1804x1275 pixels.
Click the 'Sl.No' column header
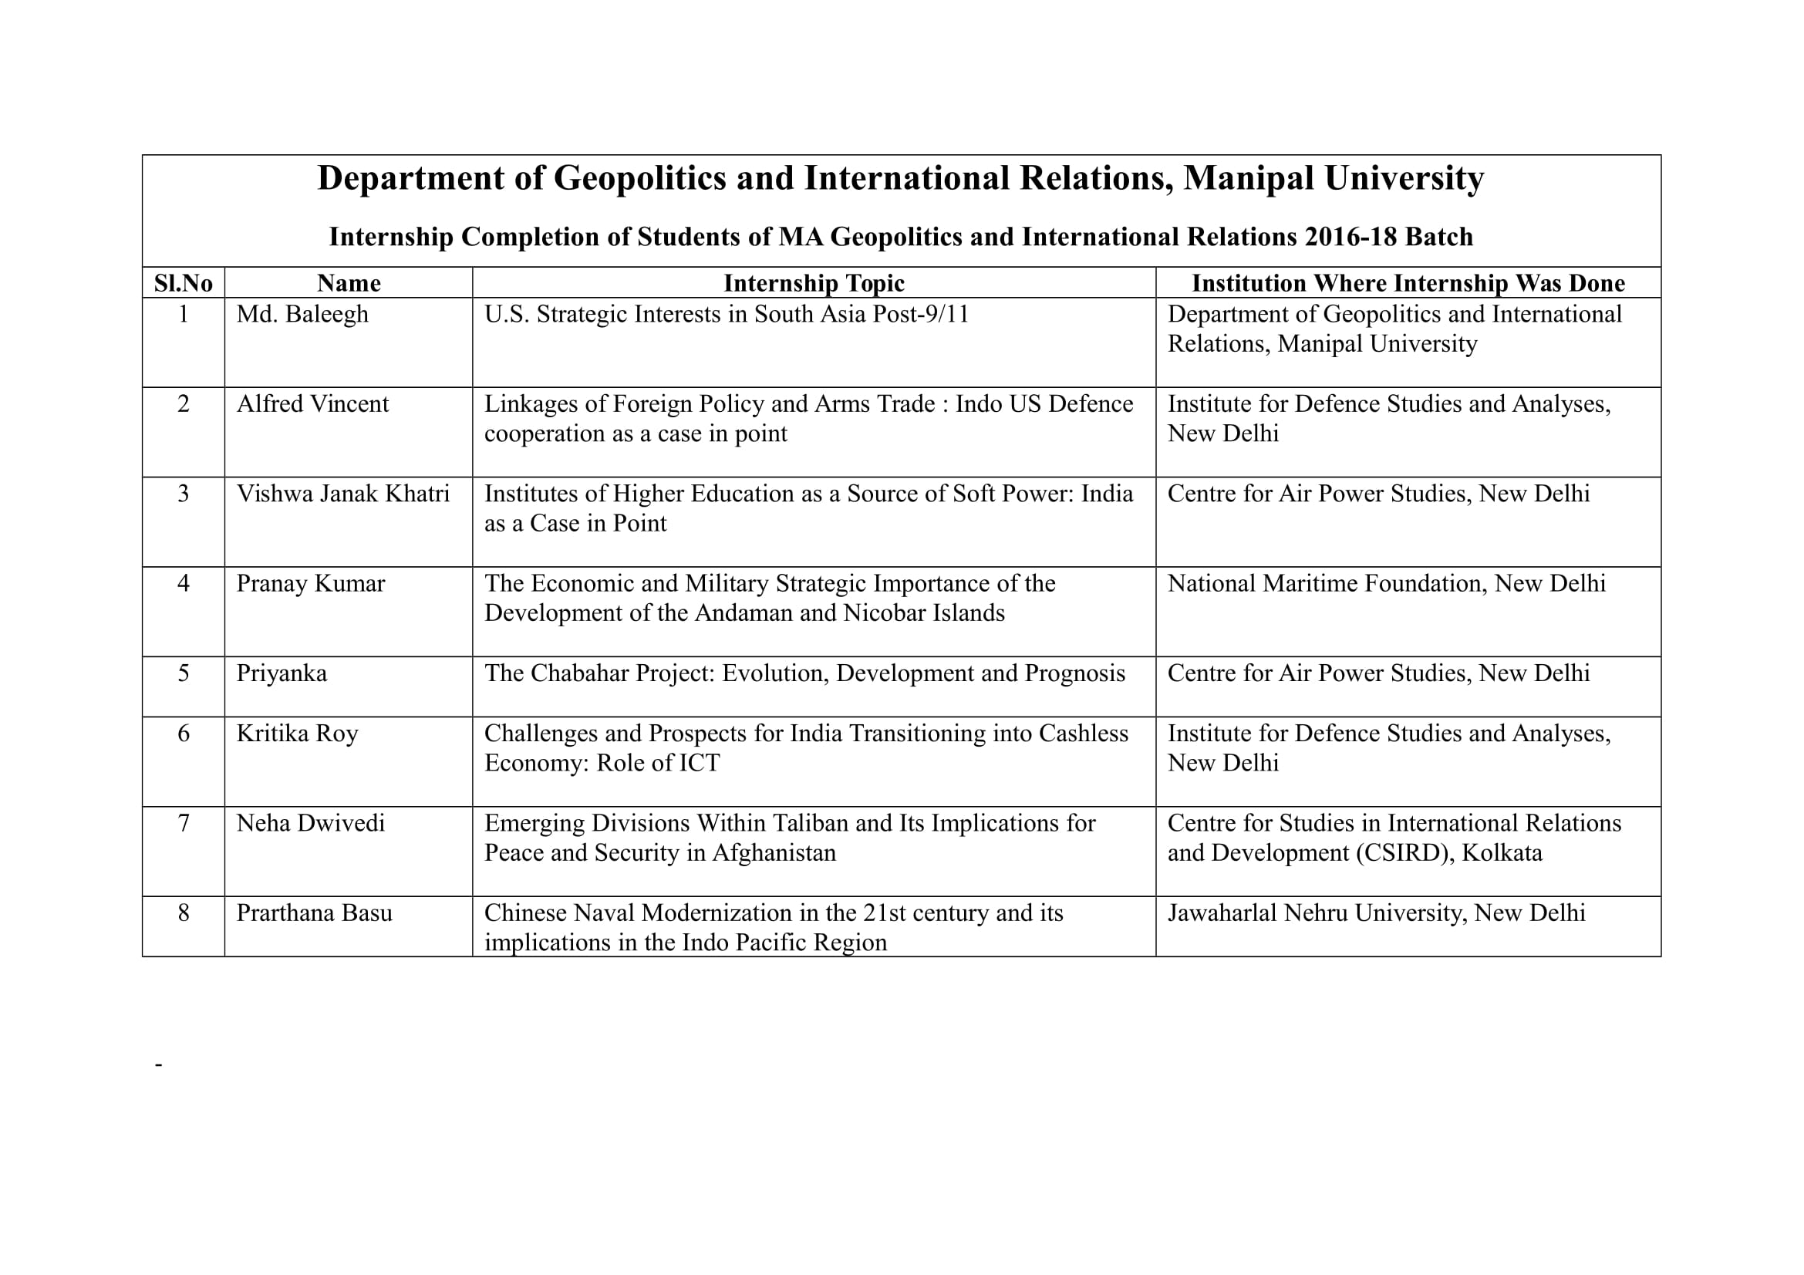[183, 283]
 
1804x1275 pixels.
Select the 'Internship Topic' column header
[813, 283]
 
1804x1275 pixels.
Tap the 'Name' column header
[348, 283]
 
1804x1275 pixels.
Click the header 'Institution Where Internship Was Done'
[1408, 283]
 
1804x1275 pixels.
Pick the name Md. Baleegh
[302, 314]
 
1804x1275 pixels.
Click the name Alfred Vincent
[312, 404]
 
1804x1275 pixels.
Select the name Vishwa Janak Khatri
[342, 494]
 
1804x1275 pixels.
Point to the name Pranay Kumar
[310, 584]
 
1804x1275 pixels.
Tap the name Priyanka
[282, 673]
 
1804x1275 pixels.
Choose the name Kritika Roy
[297, 733]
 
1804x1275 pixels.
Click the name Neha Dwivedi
[310, 823]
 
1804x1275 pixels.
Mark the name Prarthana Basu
[314, 912]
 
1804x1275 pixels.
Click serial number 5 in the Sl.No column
[183, 673]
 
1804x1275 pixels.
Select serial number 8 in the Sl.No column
[183, 912]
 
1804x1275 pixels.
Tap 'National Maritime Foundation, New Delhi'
[1386, 584]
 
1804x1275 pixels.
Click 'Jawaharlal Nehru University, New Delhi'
[1376, 912]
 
